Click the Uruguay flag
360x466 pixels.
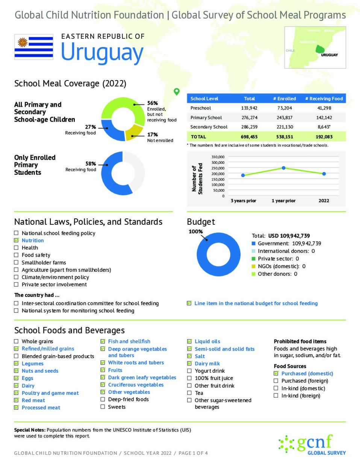[33, 47]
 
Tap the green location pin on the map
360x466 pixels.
[177, 91]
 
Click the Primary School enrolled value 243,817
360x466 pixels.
[284, 118]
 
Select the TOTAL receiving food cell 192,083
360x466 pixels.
[324, 137]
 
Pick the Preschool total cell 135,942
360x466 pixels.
[249, 108]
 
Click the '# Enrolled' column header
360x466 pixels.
[284, 98]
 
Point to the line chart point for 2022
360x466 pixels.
[324, 174]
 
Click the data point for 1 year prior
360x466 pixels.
[283, 168]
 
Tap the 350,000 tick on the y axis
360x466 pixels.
[218, 157]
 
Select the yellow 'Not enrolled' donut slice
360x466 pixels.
[134, 132]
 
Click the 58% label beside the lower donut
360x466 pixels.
[91, 164]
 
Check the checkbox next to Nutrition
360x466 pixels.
[16, 241]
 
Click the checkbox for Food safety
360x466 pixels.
[16, 255]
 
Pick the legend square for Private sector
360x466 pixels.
[254, 259]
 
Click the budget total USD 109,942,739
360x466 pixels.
[289, 236]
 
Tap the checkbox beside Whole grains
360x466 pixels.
[16, 342]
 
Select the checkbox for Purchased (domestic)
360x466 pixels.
[276, 374]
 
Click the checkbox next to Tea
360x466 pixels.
[189, 393]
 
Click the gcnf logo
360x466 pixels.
[312, 444]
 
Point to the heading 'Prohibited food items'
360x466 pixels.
[300, 342]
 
